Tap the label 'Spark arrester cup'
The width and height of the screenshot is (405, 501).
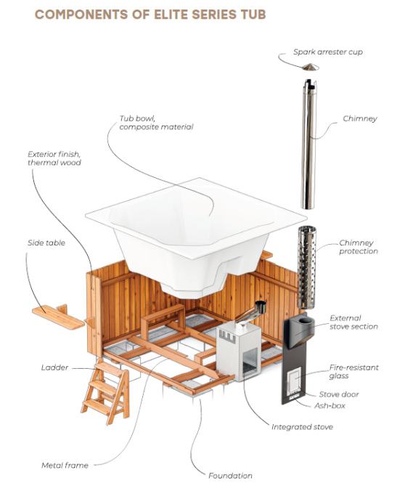[328, 52]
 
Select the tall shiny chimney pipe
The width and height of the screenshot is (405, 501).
[308, 144]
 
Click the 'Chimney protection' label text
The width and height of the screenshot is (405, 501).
[359, 247]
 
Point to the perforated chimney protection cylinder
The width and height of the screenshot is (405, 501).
[306, 267]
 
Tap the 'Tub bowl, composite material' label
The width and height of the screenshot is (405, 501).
[156, 123]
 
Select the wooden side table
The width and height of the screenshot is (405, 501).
[59, 317]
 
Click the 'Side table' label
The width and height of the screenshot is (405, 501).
[46, 243]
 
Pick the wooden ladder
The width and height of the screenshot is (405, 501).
[106, 392]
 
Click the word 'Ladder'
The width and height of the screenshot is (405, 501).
[54, 367]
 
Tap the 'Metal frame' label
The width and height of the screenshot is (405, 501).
[65, 465]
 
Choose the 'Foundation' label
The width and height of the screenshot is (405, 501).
[230, 476]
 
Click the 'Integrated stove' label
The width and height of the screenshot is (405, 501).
[302, 427]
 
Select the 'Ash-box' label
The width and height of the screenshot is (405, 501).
[330, 405]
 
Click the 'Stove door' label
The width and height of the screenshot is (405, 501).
[339, 394]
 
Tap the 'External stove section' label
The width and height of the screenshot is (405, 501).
[353, 322]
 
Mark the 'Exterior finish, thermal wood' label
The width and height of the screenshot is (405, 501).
[54, 158]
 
